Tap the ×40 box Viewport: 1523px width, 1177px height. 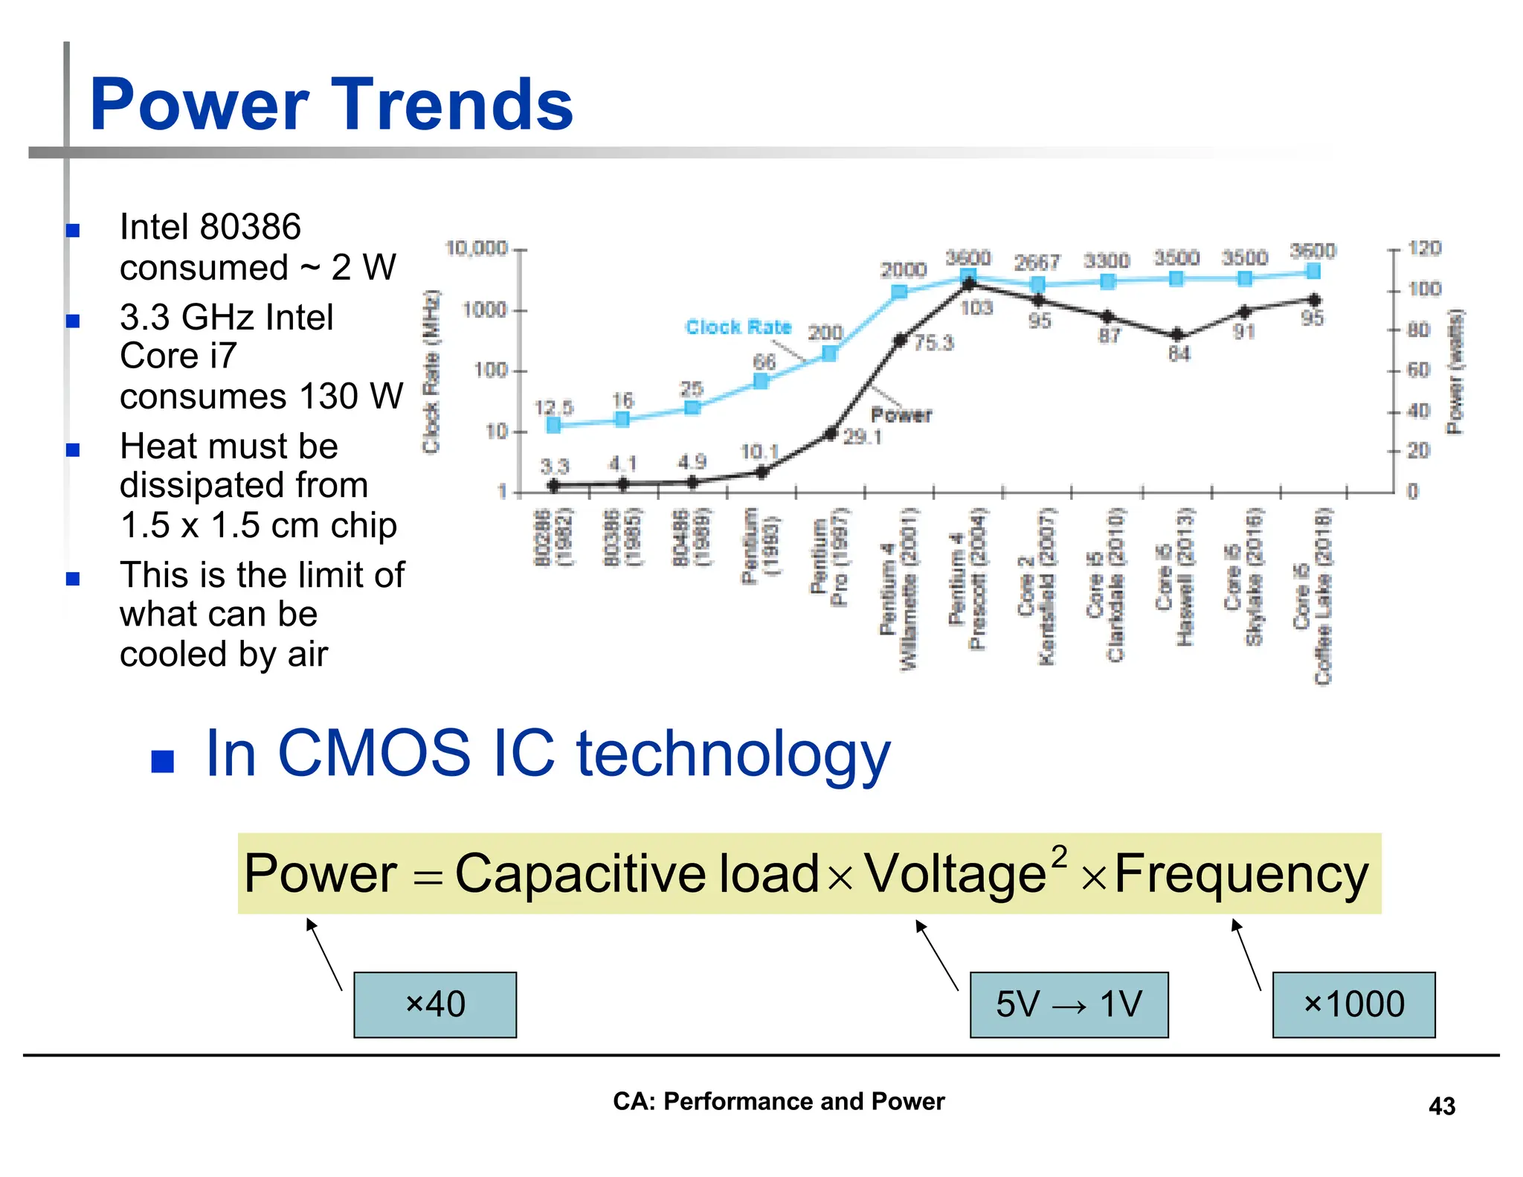click(435, 1004)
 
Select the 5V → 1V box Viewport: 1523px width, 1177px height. click(1069, 1004)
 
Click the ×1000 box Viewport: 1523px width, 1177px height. click(1353, 1004)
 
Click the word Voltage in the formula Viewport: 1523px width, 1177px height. click(956, 874)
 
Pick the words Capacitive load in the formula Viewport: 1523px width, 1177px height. click(636, 874)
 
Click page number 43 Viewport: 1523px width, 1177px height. click(1441, 1106)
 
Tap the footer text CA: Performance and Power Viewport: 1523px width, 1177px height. click(778, 1101)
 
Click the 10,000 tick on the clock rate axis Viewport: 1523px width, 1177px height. click(476, 248)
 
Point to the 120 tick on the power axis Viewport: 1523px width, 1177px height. click(1424, 248)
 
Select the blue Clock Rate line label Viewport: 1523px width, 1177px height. click(738, 327)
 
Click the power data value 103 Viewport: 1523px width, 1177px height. click(976, 307)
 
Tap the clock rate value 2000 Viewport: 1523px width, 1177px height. click(903, 269)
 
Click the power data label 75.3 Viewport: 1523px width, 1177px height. click(934, 342)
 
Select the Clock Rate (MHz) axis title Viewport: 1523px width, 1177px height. click(431, 371)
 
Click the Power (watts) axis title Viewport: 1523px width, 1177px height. click(1455, 371)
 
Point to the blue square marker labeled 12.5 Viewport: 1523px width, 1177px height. click(553, 425)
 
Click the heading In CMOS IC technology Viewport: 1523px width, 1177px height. click(547, 753)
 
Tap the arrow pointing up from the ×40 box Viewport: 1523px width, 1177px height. click(323, 954)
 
